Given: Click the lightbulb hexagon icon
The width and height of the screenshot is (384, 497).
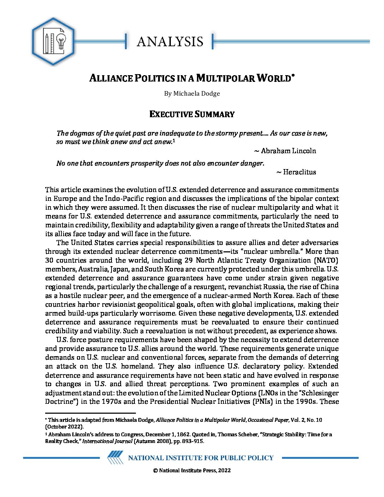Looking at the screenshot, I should (x=53, y=42).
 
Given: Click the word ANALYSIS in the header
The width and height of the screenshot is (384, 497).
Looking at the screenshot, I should (x=170, y=42).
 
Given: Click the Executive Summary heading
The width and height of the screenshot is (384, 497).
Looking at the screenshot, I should (x=192, y=114).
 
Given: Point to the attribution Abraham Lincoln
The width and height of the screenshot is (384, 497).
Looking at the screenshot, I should (x=288, y=151).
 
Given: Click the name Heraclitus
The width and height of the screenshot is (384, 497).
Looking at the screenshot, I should (x=299, y=172).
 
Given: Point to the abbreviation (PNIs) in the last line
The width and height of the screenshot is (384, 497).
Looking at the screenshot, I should (x=262, y=401).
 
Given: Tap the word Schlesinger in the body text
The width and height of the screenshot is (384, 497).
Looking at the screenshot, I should (x=320, y=393).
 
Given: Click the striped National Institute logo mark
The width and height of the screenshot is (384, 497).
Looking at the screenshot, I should (x=115, y=457).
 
